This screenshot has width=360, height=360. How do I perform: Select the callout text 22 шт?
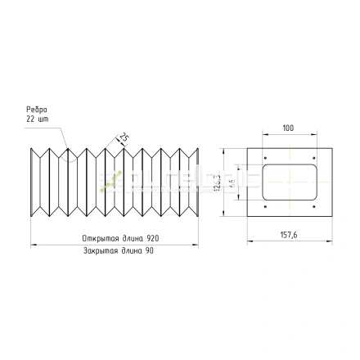point(32,118)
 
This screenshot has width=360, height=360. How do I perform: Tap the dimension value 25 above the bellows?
point(123,137)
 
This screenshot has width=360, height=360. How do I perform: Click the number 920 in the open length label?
point(153,239)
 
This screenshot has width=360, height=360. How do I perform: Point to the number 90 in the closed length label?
point(149,250)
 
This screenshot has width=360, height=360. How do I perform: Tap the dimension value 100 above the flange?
point(288,128)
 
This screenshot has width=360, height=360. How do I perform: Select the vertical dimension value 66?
point(232,183)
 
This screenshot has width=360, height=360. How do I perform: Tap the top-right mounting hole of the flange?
point(314,158)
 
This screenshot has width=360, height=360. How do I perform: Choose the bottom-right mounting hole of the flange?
point(314,207)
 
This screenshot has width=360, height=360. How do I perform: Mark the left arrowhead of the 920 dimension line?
point(33,244)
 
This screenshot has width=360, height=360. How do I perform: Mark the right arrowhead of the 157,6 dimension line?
point(330,241)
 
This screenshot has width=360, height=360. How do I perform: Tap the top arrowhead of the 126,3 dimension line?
point(223,151)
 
